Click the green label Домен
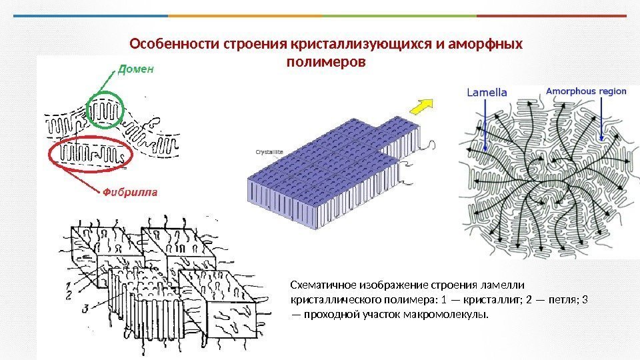pyautogui.click(x=136, y=68)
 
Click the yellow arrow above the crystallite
pyautogui.click(x=418, y=106)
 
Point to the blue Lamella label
pyautogui.click(x=487, y=92)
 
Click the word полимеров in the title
pyautogui.click(x=326, y=62)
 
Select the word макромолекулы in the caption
pyautogui.click(x=445, y=314)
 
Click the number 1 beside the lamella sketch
pyautogui.click(x=70, y=284)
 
